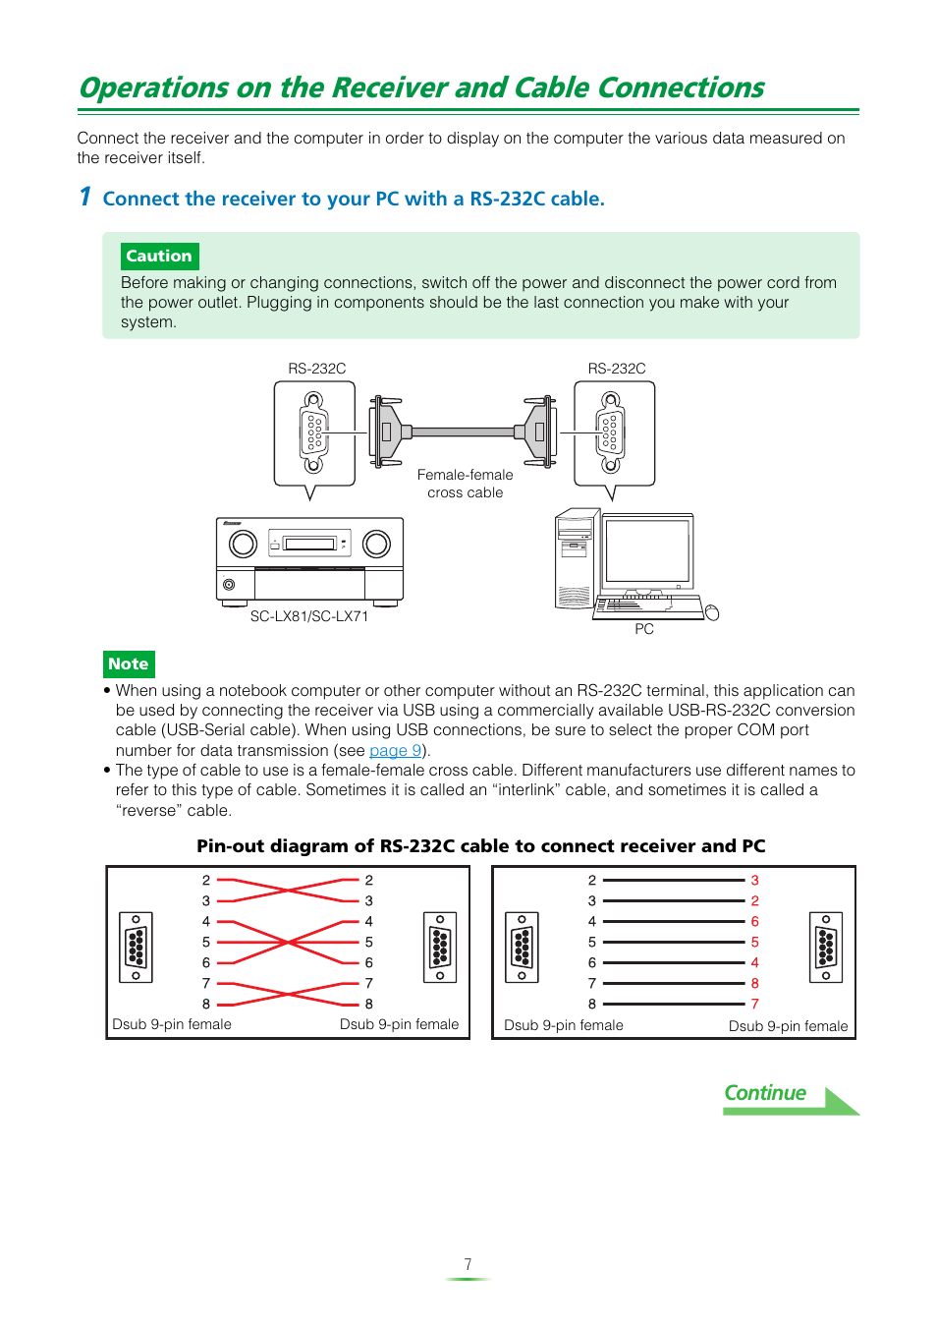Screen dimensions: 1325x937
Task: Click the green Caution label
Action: [x=159, y=257]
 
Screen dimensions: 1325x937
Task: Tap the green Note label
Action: [x=129, y=664]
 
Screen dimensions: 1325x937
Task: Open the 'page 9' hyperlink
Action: [x=395, y=751]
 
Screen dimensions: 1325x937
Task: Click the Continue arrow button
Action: [x=790, y=1098]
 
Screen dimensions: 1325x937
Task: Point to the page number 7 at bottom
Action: [x=468, y=1264]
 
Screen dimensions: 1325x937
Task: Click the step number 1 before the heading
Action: [x=85, y=198]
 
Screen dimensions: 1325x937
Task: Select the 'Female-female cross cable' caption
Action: [x=465, y=484]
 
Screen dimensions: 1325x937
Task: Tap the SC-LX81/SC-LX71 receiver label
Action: [x=308, y=616]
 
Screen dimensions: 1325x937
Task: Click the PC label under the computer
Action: [x=643, y=629]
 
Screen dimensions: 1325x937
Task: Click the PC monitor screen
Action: [x=647, y=550]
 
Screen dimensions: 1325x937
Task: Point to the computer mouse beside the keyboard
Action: [x=712, y=613]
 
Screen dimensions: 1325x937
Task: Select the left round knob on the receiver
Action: [x=243, y=544]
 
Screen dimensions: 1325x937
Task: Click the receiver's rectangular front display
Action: [x=310, y=544]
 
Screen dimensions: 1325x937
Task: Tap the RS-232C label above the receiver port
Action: [x=316, y=369]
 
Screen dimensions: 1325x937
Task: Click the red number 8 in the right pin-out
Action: [x=754, y=983]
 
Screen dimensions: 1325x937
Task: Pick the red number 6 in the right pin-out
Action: [x=754, y=922]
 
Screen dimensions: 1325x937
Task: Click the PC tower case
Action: [x=577, y=558]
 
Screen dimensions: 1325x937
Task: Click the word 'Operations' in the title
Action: [x=154, y=88]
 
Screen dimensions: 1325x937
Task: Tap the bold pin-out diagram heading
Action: [x=480, y=846]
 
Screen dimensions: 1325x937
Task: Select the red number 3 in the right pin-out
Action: [x=754, y=881]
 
